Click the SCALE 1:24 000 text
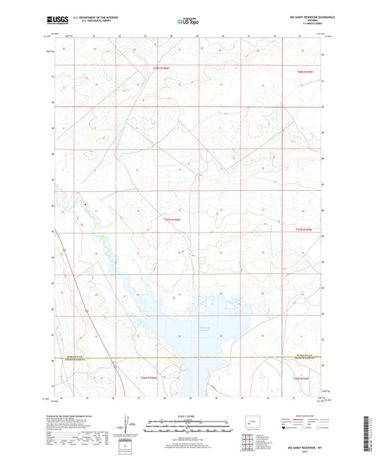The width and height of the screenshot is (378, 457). [x=188, y=415]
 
